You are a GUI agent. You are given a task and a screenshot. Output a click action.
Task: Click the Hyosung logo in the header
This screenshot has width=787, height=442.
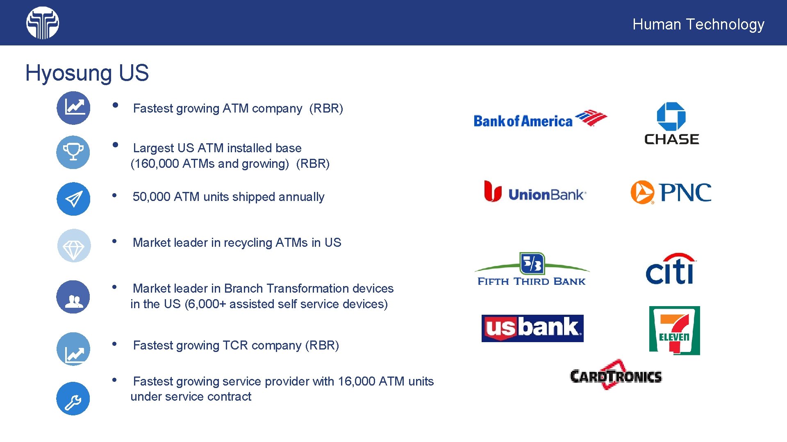tap(43, 23)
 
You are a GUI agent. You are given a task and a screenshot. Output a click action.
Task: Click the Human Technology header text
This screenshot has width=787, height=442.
tap(698, 24)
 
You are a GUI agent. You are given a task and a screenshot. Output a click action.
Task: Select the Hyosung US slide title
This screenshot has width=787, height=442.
tap(87, 73)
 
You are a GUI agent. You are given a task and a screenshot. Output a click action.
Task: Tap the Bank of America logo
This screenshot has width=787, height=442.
tap(540, 119)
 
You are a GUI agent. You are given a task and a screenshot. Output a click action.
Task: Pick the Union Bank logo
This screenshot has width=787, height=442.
tap(535, 192)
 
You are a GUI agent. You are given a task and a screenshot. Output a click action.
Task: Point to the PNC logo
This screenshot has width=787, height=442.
tap(671, 192)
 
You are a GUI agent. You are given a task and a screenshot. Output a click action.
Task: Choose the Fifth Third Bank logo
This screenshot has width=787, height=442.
tap(532, 269)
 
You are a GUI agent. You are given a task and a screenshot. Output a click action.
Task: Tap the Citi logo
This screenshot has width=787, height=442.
tap(670, 269)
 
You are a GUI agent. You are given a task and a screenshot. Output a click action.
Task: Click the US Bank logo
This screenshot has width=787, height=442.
tap(532, 328)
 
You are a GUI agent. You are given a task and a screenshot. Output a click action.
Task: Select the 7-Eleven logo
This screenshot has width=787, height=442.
tap(674, 330)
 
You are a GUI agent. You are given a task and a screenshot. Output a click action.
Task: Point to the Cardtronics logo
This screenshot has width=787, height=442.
tap(616, 375)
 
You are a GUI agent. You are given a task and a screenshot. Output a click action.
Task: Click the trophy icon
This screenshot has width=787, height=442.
tap(73, 152)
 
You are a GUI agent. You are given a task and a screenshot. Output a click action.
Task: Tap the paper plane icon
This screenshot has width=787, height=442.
tap(73, 199)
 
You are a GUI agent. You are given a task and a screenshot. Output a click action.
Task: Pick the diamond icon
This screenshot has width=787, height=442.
tap(74, 246)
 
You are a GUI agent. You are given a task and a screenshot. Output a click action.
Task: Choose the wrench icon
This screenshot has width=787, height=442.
tap(73, 399)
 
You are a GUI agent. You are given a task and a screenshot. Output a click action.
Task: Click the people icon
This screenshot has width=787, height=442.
tap(73, 297)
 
